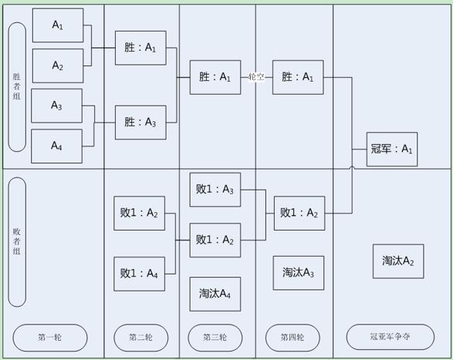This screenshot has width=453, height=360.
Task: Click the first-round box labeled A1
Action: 58,25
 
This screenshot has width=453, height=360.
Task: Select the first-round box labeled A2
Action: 58,66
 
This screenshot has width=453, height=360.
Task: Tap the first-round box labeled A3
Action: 56,106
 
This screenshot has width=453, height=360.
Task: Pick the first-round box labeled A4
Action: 56,146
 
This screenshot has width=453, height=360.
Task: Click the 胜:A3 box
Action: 140,123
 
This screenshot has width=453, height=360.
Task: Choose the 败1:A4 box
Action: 139,274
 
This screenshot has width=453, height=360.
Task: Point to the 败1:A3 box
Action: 215,190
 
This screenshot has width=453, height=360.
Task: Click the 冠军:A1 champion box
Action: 392,150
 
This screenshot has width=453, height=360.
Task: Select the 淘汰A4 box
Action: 215,294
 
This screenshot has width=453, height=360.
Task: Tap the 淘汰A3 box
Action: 299,273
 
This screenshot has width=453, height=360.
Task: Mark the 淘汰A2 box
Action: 398,261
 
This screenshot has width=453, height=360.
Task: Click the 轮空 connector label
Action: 256,77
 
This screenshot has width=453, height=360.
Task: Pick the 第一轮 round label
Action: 50,338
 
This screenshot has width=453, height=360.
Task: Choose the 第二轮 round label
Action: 141,338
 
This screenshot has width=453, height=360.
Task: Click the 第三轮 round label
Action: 215,338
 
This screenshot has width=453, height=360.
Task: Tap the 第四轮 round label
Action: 292,338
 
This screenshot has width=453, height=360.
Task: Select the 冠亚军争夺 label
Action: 390,337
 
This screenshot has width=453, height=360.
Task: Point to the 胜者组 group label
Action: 17,87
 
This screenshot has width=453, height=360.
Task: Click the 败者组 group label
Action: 17,242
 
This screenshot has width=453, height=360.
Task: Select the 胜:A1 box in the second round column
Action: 140,48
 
